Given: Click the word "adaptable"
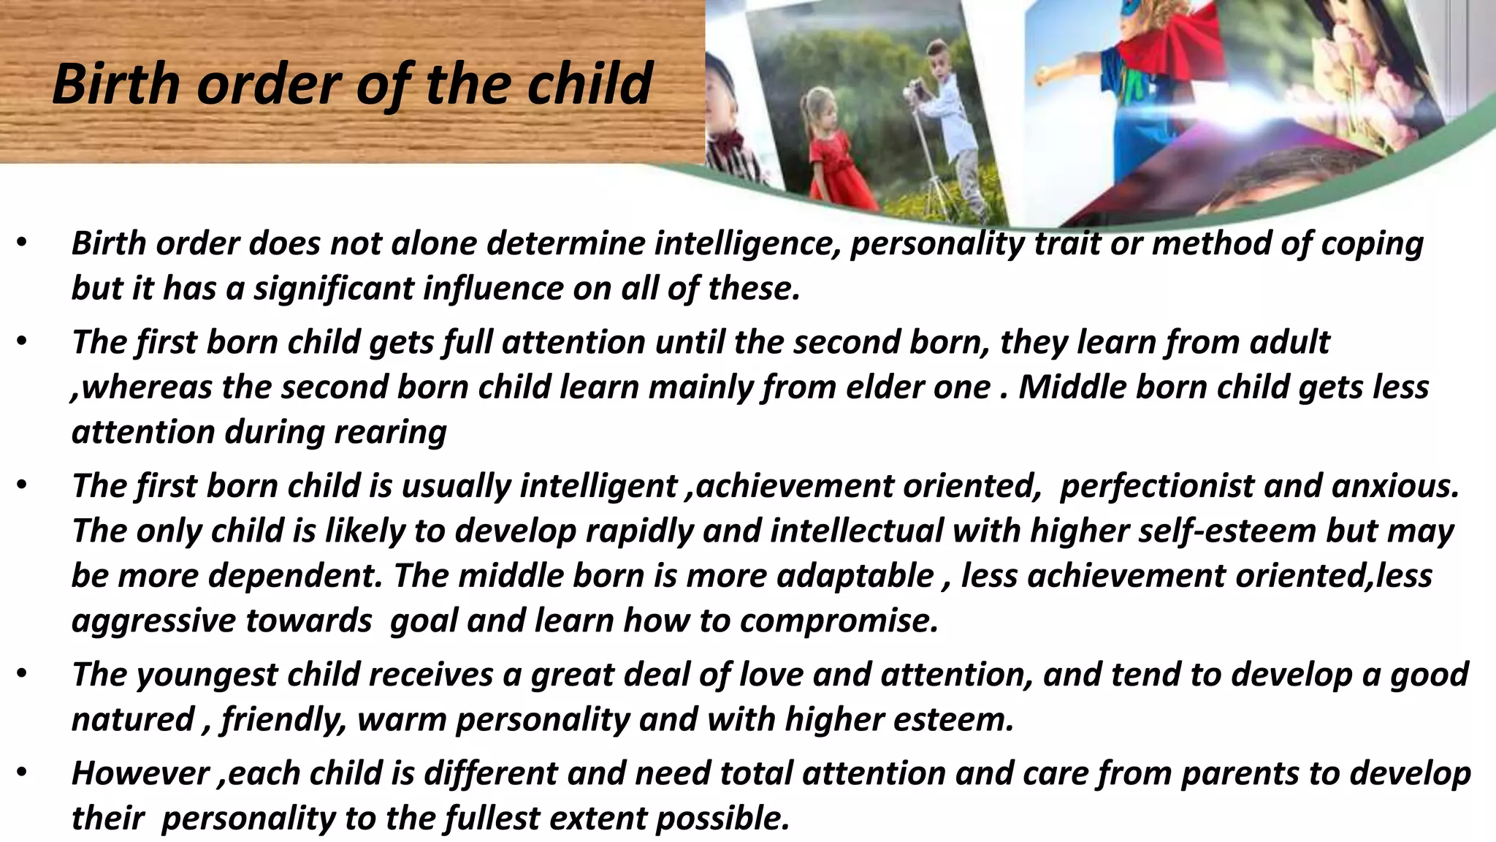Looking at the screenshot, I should (855, 576).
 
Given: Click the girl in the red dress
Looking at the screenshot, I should (840, 153).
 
